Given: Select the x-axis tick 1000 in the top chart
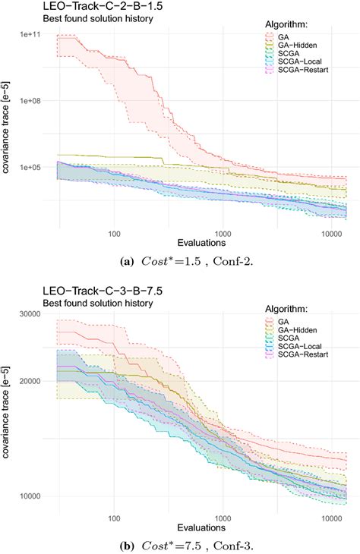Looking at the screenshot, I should click(x=223, y=233).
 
